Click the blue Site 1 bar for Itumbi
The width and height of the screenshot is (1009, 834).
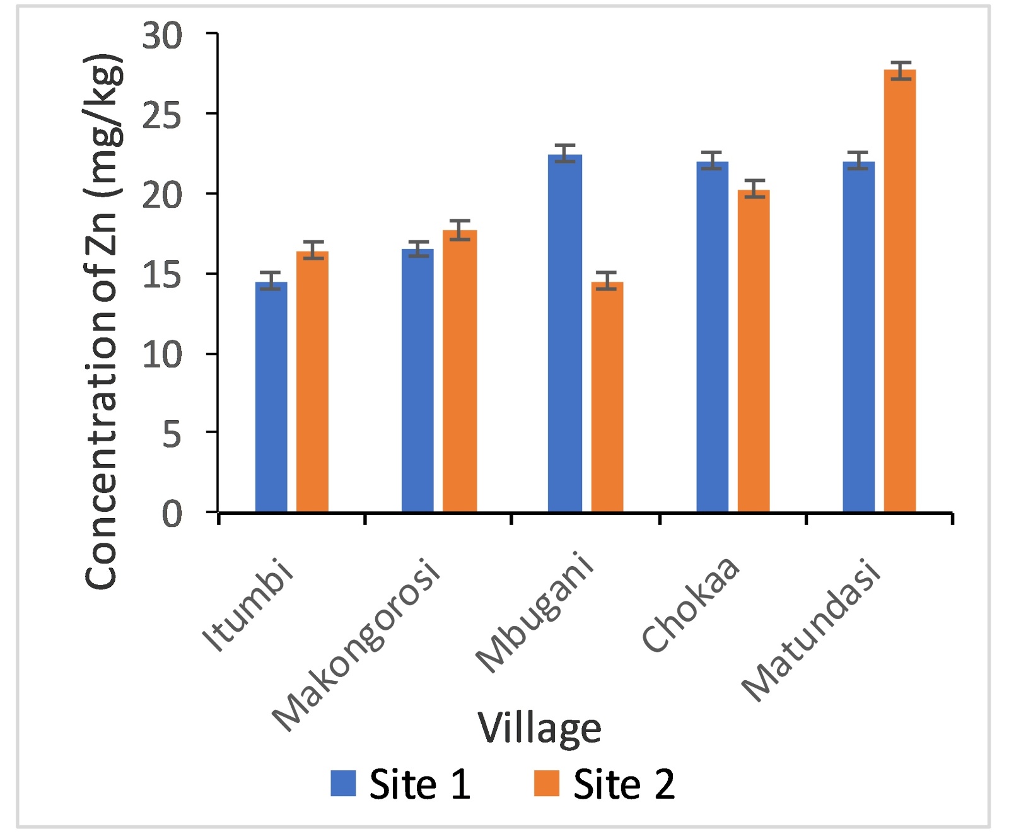[x=271, y=397]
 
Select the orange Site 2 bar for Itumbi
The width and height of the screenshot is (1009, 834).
[x=312, y=381]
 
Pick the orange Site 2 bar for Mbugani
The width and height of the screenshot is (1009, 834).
[x=607, y=397]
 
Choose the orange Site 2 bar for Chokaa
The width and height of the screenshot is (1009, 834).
[x=754, y=350]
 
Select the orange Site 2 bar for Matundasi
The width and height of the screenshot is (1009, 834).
[x=900, y=291]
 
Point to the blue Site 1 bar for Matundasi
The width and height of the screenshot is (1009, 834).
[x=858, y=337]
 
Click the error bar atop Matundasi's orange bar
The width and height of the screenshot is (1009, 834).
[x=900, y=71]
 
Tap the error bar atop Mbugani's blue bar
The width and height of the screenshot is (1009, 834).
[x=565, y=153]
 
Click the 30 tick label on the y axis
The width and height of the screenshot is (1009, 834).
[x=162, y=36]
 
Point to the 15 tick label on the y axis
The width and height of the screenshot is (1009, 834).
[x=162, y=275]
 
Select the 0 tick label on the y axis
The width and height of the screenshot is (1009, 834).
[x=172, y=514]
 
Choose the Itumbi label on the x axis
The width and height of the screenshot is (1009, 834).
[x=248, y=605]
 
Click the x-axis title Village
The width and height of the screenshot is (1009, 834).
[x=539, y=729]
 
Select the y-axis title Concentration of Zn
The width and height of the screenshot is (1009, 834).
[x=102, y=321]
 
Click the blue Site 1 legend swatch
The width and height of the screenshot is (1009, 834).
[x=343, y=784]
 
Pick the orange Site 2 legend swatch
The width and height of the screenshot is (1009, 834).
[x=546, y=784]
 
